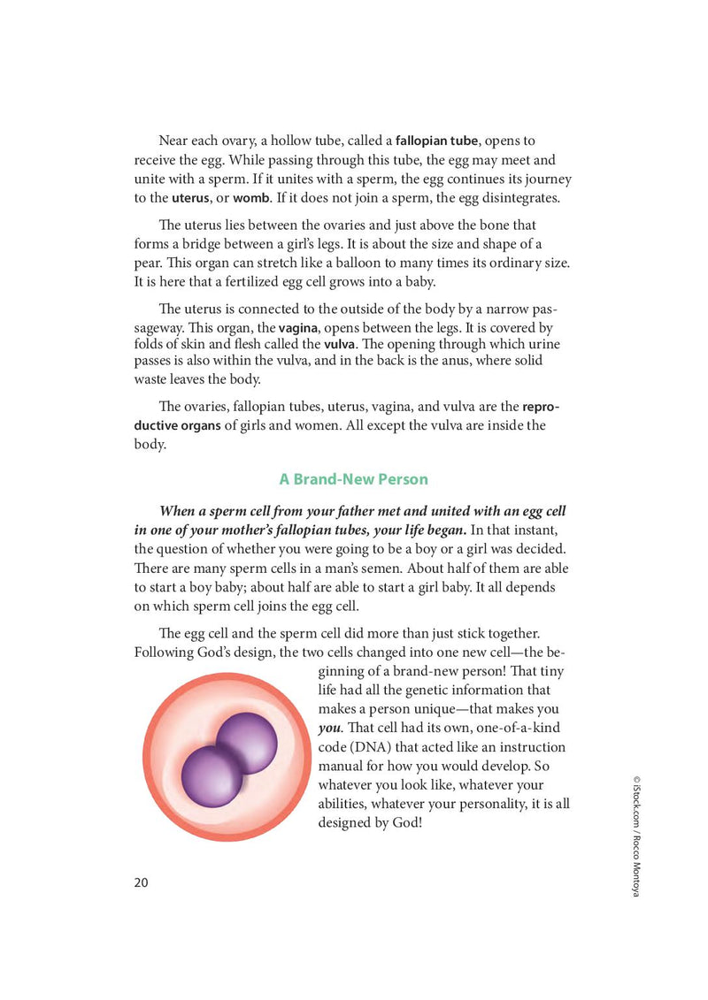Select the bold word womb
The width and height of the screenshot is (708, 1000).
pos(251,197)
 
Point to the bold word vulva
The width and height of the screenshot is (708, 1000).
pos(340,344)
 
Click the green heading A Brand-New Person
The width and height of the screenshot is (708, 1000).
pos(353,479)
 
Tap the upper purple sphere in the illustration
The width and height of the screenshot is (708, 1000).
pos(247,742)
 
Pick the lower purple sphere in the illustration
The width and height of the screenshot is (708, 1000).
pos(211,776)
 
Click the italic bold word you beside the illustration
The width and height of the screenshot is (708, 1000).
pos(328,729)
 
